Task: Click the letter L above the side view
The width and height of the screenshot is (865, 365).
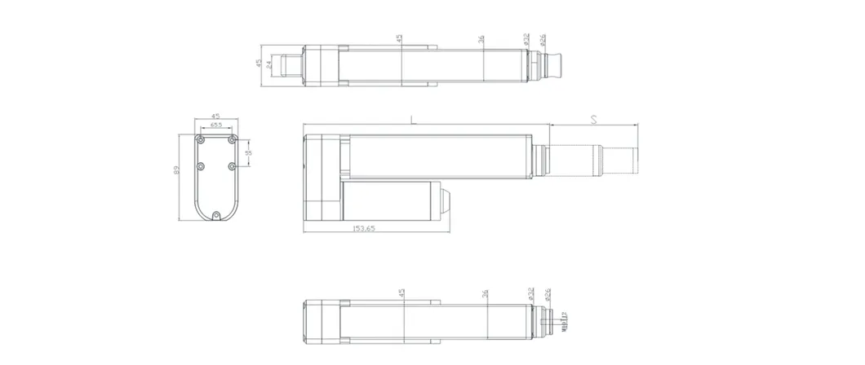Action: [x=414, y=119]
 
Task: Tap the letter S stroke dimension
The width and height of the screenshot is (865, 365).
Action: [x=594, y=119]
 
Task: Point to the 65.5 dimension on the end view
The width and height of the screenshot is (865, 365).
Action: [x=216, y=125]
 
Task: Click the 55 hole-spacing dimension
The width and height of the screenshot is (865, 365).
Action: [x=248, y=152]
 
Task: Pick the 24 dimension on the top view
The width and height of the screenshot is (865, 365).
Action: [x=268, y=64]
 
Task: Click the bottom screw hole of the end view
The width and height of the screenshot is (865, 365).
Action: [x=216, y=215]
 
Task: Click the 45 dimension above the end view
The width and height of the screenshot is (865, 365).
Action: [x=216, y=116]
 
